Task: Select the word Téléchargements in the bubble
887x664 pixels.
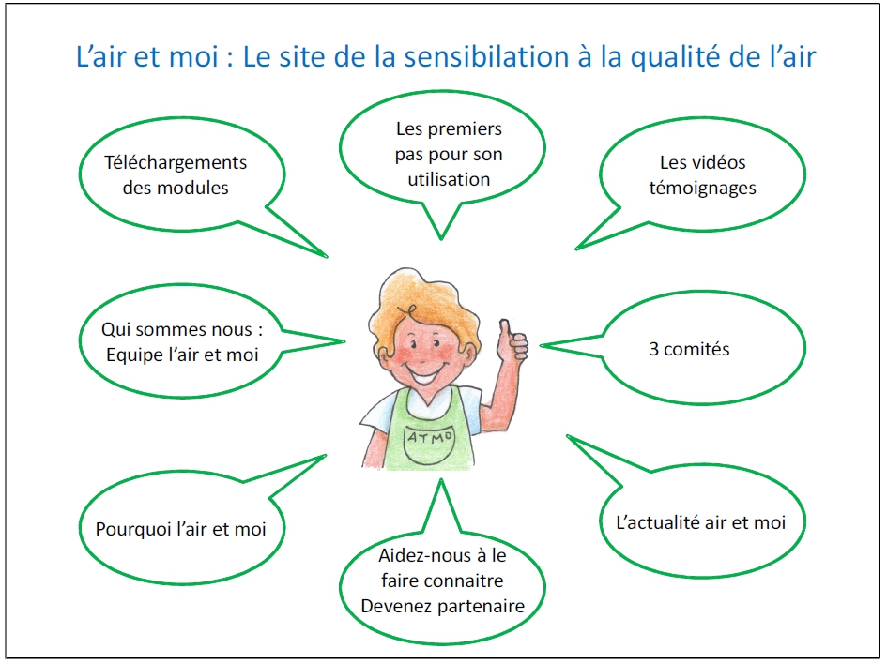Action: point(176,163)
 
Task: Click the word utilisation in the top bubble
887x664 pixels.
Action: point(449,179)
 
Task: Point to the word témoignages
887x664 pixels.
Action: point(702,189)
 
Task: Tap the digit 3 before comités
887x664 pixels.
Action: point(654,349)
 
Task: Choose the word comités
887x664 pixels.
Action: point(696,349)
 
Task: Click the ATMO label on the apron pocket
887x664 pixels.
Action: point(431,437)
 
